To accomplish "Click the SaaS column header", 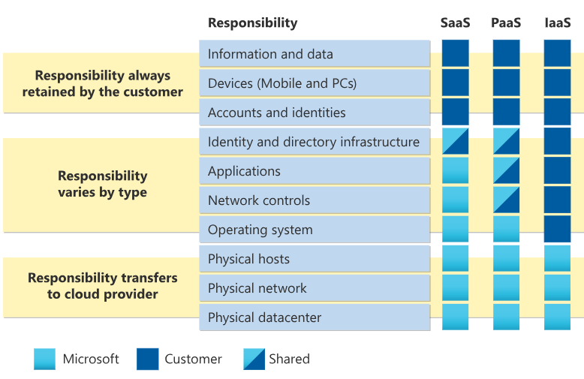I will [455, 23].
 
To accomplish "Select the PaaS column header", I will [506, 23].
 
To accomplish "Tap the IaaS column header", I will [557, 23].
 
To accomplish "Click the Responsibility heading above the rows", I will [252, 23].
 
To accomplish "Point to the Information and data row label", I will [270, 54].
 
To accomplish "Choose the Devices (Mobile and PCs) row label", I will [282, 83].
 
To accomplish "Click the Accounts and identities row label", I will [276, 113].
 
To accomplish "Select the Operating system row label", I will [260, 230].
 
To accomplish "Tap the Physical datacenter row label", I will [264, 317].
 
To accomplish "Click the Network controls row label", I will [258, 200].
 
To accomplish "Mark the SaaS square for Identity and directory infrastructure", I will [455, 141].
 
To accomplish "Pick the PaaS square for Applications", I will [506, 170].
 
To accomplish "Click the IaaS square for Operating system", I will [557, 229].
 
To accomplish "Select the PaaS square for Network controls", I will [506, 200].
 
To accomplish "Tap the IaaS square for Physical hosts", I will [557, 258].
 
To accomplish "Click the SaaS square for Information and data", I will [455, 53].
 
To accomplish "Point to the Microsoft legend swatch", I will [45, 359].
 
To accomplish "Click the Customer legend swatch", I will [148, 359].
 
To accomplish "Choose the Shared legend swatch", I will [254, 359].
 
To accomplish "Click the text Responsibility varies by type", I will [102, 184].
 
